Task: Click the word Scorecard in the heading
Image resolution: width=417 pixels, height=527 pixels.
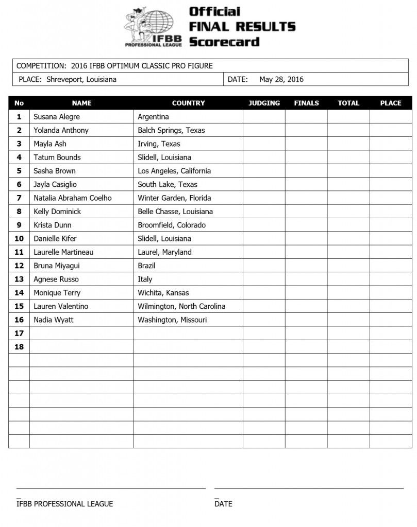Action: (x=224, y=41)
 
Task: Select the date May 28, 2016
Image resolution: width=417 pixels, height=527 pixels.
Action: (x=281, y=79)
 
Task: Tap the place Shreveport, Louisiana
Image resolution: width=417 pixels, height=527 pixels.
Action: (x=81, y=79)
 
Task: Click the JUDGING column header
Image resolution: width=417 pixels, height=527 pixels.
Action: (x=264, y=103)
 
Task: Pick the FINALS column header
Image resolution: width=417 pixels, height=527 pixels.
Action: (x=306, y=103)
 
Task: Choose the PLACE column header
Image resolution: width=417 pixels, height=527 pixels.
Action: (x=390, y=103)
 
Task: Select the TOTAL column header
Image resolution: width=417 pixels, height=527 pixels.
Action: (x=348, y=103)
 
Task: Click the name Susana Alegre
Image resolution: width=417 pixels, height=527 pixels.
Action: (x=57, y=117)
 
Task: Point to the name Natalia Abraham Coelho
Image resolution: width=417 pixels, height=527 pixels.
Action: (x=73, y=198)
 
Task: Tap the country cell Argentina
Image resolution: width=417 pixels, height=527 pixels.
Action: (x=154, y=117)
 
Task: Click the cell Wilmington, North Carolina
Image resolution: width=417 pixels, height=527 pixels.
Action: (x=181, y=306)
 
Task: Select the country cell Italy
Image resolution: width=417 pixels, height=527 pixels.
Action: (x=145, y=279)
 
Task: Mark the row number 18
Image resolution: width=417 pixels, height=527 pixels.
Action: (x=19, y=347)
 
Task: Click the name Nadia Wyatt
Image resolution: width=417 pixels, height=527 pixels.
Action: (x=54, y=320)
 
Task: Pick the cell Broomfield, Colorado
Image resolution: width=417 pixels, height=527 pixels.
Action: (x=172, y=225)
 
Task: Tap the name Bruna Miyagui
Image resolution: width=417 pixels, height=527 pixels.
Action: (x=57, y=266)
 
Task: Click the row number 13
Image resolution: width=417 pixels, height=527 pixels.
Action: (x=19, y=279)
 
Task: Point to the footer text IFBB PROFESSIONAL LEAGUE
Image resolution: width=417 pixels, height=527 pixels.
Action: (x=64, y=503)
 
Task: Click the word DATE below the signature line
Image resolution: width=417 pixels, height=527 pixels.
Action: (x=223, y=503)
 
